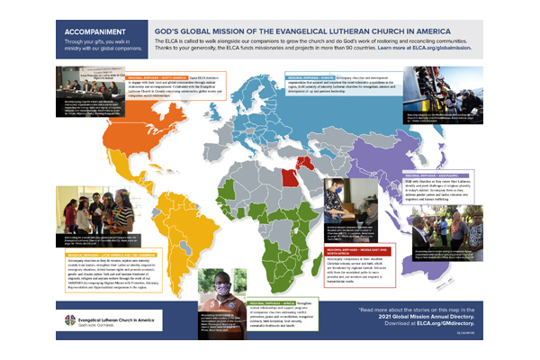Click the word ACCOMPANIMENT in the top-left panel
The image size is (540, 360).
87,29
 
